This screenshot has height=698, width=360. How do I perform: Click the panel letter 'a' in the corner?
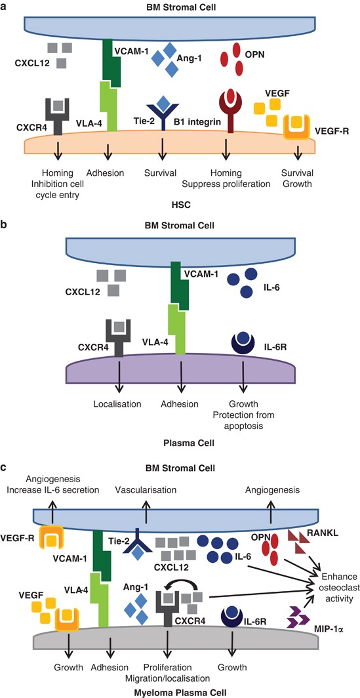tap(5, 6)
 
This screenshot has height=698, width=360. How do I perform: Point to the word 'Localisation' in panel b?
tap(119, 403)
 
